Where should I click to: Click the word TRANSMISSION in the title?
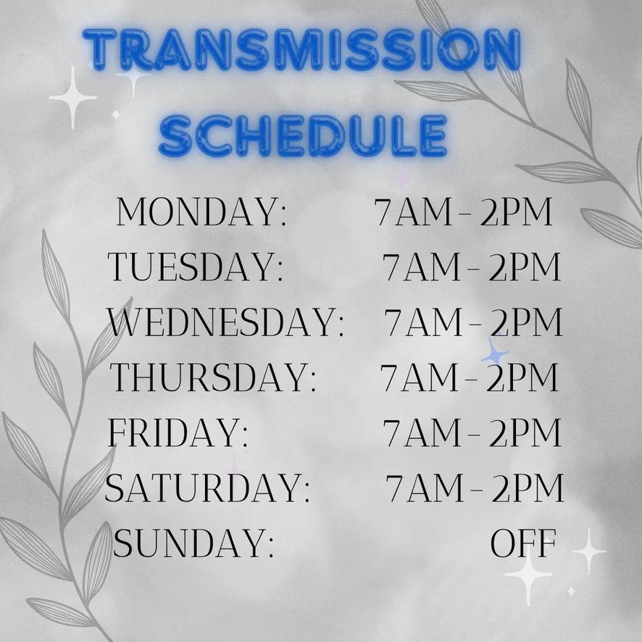(x=301, y=49)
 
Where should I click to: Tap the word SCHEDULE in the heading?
(x=303, y=136)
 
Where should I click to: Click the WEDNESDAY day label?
(x=225, y=322)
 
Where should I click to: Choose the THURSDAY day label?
(x=213, y=377)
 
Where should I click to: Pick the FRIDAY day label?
(x=178, y=433)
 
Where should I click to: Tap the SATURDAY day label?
(x=207, y=488)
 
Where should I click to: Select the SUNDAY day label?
(x=193, y=543)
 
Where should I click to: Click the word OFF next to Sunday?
(x=523, y=543)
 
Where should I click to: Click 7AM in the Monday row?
(x=414, y=212)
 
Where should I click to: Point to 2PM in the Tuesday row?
(x=525, y=267)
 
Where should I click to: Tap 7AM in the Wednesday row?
(x=423, y=322)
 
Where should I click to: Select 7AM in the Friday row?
(x=422, y=433)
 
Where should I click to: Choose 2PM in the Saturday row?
(x=528, y=488)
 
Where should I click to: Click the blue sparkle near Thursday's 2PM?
(x=494, y=351)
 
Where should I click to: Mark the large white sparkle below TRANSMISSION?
(x=73, y=97)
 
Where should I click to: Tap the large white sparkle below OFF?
(x=528, y=575)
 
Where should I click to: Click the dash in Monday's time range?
(x=466, y=213)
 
